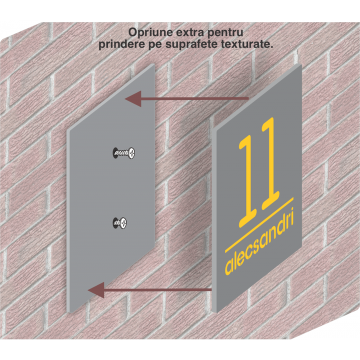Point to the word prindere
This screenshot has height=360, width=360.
click(x=120, y=44)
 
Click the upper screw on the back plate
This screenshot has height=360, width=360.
click(x=124, y=152)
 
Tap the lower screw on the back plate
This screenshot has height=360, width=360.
click(x=119, y=221)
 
